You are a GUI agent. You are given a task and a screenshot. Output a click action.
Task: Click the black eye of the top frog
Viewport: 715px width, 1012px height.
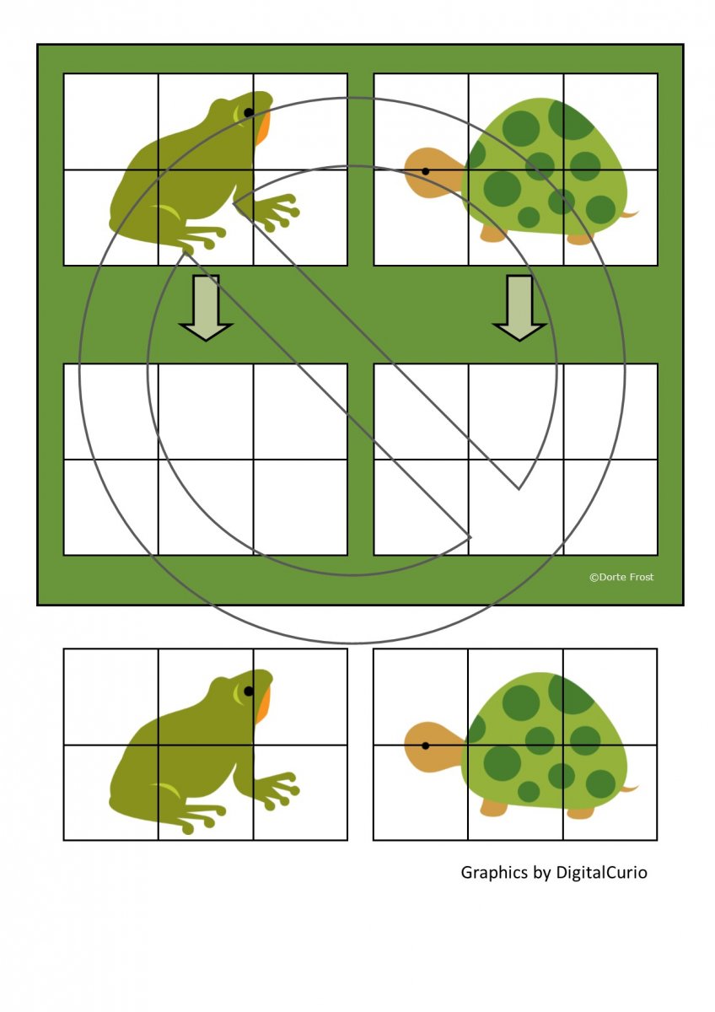pyautogui.click(x=249, y=112)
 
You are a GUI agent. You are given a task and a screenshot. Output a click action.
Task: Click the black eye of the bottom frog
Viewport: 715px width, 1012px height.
pyautogui.click(x=249, y=691)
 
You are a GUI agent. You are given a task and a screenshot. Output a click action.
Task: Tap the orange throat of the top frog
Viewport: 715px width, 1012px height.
pyautogui.click(x=262, y=129)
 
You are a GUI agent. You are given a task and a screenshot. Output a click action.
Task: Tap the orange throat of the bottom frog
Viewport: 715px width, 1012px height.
pyautogui.click(x=262, y=707)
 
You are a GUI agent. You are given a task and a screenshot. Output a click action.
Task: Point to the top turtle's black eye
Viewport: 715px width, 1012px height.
pyautogui.click(x=425, y=171)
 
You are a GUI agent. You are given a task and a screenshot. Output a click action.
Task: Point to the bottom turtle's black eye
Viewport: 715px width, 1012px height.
pyautogui.click(x=425, y=746)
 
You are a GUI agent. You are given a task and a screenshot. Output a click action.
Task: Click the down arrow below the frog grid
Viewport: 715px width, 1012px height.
pyautogui.click(x=206, y=308)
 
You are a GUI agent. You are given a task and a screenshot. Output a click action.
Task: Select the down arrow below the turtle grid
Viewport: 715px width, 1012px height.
pyautogui.click(x=520, y=308)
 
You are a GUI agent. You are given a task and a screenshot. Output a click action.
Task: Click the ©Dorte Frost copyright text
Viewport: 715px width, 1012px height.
pyautogui.click(x=621, y=577)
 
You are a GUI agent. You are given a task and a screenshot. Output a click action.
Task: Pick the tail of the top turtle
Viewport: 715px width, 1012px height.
pyautogui.click(x=629, y=213)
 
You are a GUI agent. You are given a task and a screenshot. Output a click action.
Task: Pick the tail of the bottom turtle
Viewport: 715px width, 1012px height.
pyautogui.click(x=629, y=789)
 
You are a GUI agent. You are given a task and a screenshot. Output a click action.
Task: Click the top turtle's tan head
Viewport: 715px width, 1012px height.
pyautogui.click(x=433, y=173)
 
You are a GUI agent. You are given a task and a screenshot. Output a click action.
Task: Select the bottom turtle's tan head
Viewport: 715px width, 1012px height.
pyautogui.click(x=433, y=747)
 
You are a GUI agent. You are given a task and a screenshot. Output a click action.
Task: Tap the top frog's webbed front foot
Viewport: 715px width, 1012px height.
pyautogui.click(x=276, y=211)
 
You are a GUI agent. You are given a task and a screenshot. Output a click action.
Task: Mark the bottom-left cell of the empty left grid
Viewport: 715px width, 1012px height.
pyautogui.click(x=111, y=507)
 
